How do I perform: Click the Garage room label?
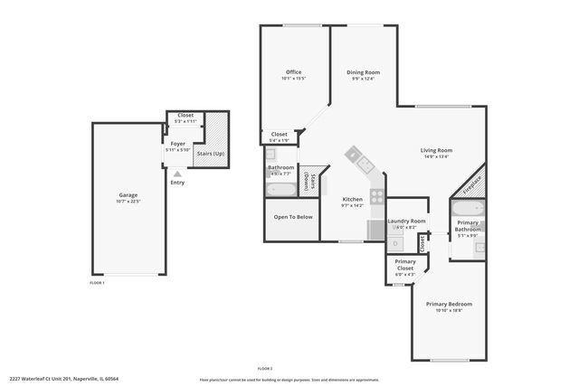(128, 195)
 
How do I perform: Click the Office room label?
(293, 72)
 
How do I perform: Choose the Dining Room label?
(363, 72)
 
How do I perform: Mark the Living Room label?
(436, 150)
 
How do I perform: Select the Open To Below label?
(293, 217)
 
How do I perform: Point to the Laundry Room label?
(406, 221)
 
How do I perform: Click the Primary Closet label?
(405, 265)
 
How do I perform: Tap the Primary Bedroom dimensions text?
(449, 310)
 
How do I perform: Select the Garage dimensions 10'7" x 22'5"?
(128, 202)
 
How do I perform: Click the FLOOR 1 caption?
(97, 283)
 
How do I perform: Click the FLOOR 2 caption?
(265, 369)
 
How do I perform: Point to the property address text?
(64, 379)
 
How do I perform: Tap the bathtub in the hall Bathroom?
(280, 189)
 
